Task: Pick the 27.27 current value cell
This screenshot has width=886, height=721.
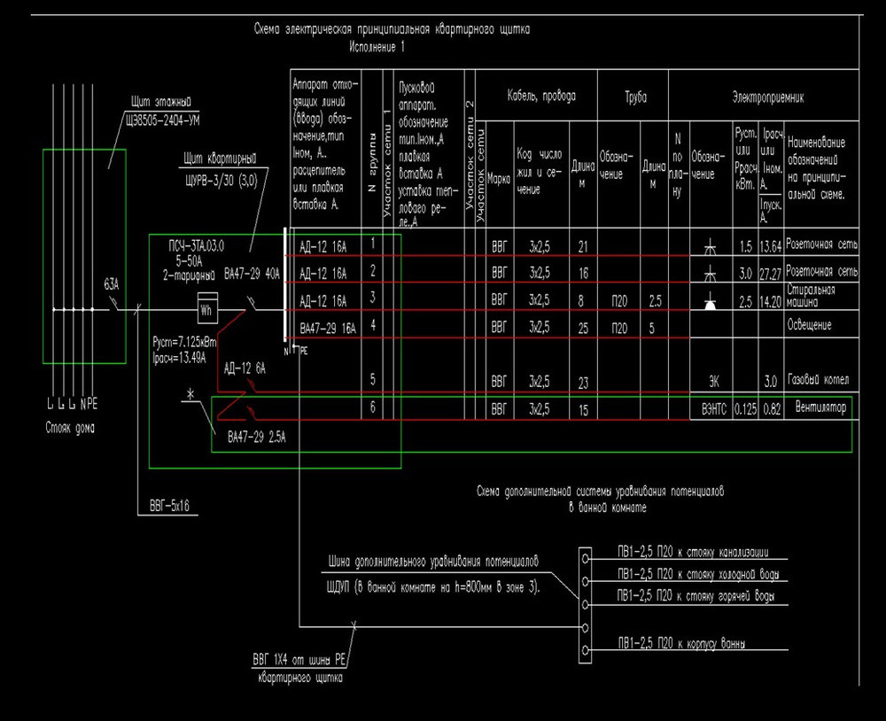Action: coord(770,272)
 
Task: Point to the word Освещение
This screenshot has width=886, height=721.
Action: coord(810,325)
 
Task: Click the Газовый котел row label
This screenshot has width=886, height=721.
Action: coord(817,380)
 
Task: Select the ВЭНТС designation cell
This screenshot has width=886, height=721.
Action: coord(709,409)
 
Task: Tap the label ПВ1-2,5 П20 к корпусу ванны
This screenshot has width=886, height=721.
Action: coord(680,642)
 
